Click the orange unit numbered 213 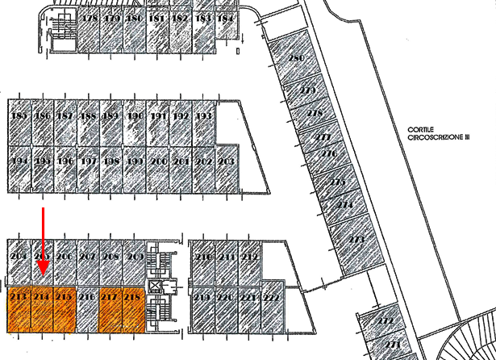[x=19, y=309]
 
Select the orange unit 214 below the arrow [x=43, y=309]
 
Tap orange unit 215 [x=65, y=309]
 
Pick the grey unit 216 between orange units [x=88, y=309]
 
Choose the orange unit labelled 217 [x=111, y=309]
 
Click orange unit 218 [x=134, y=309]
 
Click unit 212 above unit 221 [x=250, y=258]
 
